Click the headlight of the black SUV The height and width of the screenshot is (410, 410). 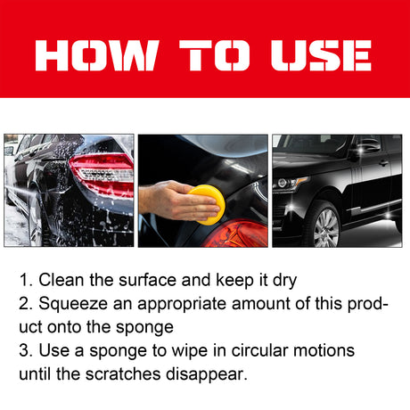point(289,184)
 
